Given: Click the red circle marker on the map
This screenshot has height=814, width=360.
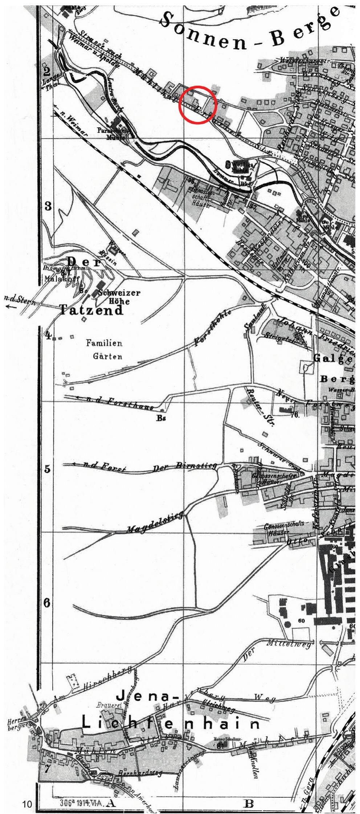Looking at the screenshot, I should coord(198,104).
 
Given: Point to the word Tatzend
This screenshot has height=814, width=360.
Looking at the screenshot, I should coord(91,311).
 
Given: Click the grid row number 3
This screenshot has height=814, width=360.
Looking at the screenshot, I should coord(48,206).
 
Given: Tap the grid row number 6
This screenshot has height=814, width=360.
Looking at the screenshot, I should coord(47,603).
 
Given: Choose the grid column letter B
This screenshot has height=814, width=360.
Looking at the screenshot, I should coord(249,803).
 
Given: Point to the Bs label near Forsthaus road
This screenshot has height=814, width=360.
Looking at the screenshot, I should coord(161,418).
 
